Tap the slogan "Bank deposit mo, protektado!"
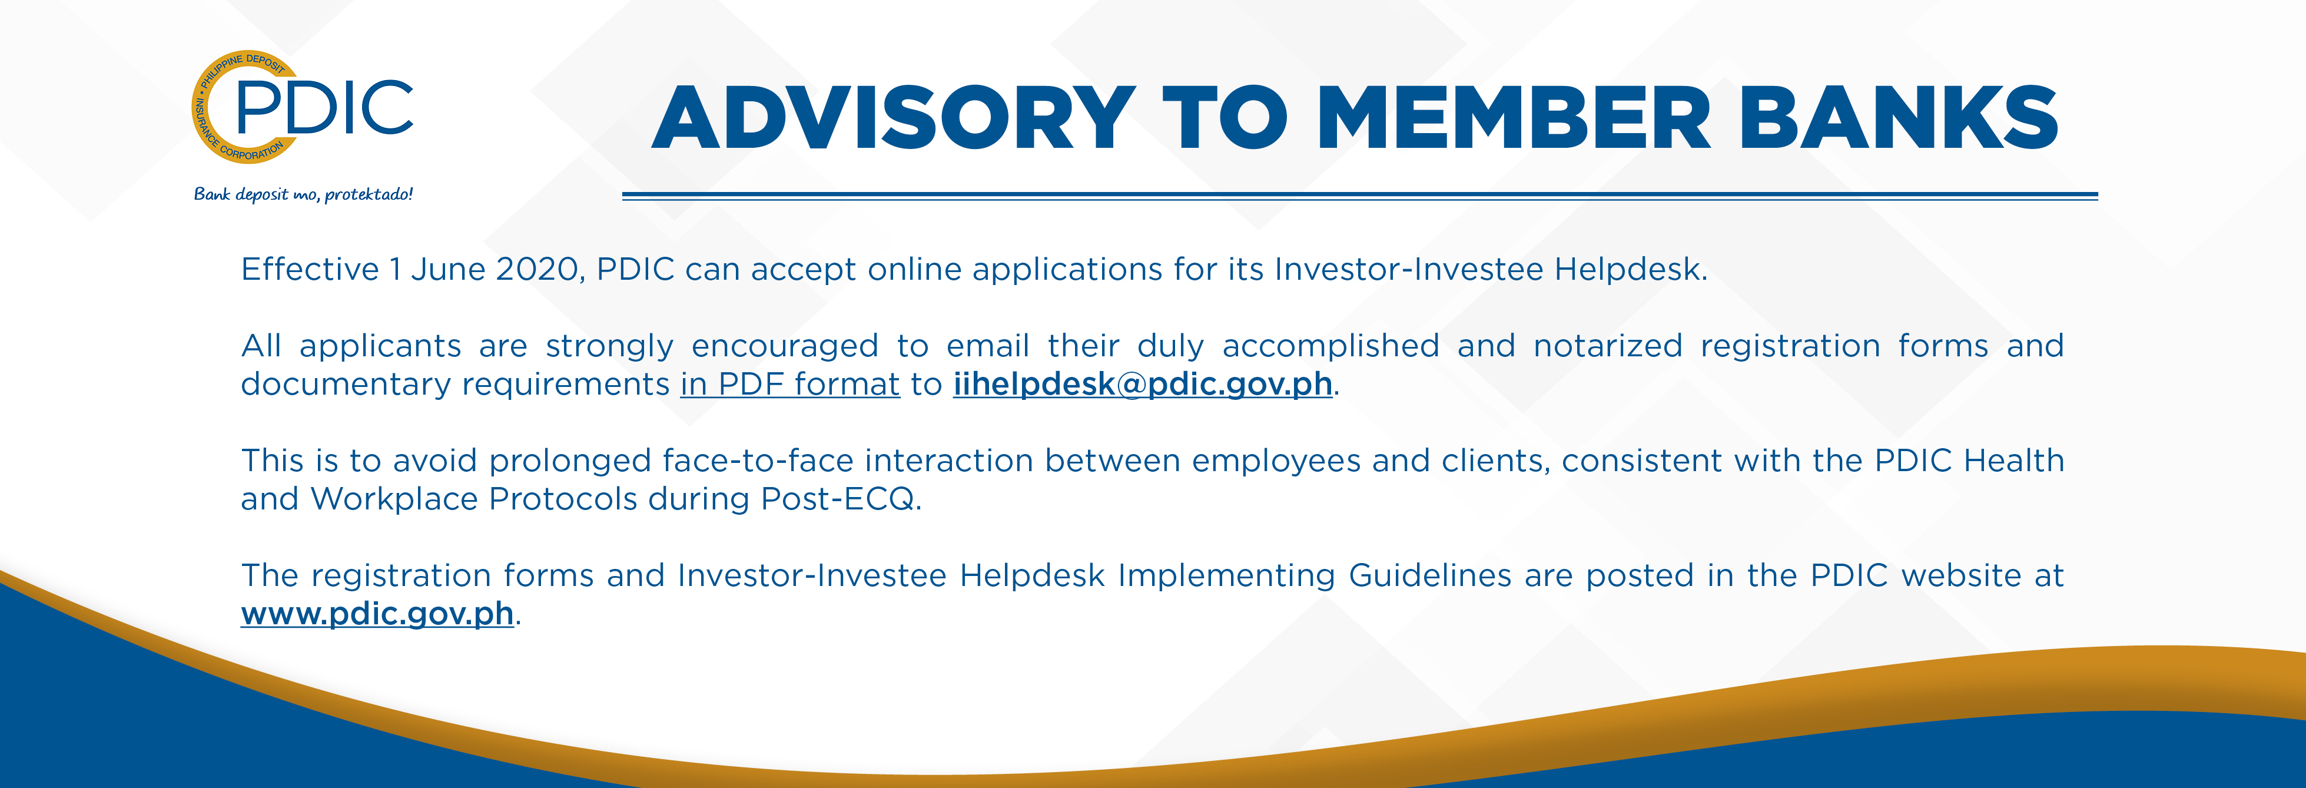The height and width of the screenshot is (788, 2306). tap(303, 194)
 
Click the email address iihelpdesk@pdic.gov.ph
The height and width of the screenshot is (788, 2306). tap(1142, 384)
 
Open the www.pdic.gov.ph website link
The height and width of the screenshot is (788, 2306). tap(377, 614)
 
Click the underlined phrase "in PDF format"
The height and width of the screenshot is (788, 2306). tap(789, 384)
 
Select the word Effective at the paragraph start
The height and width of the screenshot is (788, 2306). tap(310, 269)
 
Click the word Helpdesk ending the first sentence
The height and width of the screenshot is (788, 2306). tap(1630, 269)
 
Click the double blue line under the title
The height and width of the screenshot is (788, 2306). tap(1360, 195)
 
